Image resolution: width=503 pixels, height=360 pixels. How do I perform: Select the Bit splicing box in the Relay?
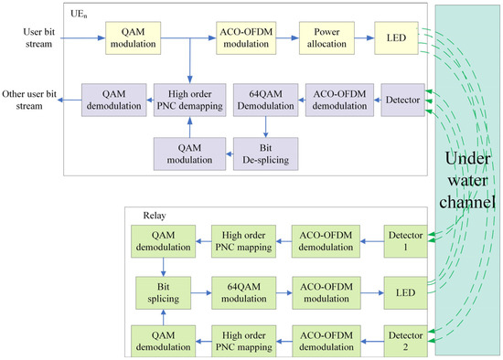pyautogui.click(x=161, y=292)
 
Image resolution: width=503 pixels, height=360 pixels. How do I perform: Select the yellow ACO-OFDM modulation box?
pyautogui.click(x=245, y=37)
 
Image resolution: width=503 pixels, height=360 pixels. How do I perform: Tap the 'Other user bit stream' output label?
pyautogui.click(x=30, y=99)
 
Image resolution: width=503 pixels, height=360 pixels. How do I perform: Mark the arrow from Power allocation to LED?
pyautogui.click(x=361, y=38)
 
